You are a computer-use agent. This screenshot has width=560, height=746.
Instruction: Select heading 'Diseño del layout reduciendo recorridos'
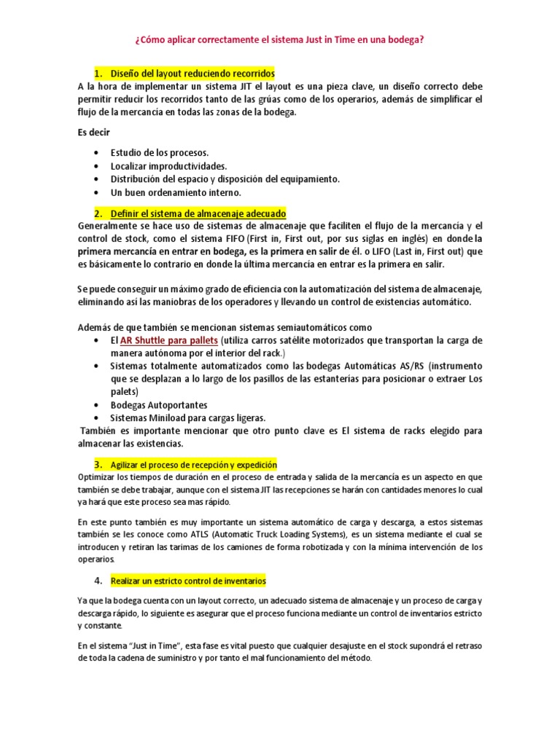pyautogui.click(x=192, y=74)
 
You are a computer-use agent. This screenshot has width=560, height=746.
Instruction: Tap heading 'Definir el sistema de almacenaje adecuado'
pyautogui.click(x=198, y=213)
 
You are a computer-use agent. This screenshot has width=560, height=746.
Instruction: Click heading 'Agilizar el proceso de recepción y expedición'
pyautogui.click(x=194, y=464)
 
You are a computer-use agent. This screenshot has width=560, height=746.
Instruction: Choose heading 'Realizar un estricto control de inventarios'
pyautogui.click(x=188, y=581)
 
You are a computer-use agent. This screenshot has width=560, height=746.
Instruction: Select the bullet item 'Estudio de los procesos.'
pyautogui.click(x=160, y=153)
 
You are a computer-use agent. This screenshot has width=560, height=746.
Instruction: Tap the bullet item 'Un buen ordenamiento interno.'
pyautogui.click(x=175, y=192)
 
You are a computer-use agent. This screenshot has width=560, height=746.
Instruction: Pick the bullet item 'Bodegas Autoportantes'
pyautogui.click(x=159, y=405)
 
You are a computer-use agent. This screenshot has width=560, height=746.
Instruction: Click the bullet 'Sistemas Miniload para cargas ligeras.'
pyautogui.click(x=188, y=418)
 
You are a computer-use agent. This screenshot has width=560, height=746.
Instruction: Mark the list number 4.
pyautogui.click(x=98, y=581)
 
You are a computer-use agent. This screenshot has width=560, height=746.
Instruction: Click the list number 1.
pyautogui.click(x=98, y=74)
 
